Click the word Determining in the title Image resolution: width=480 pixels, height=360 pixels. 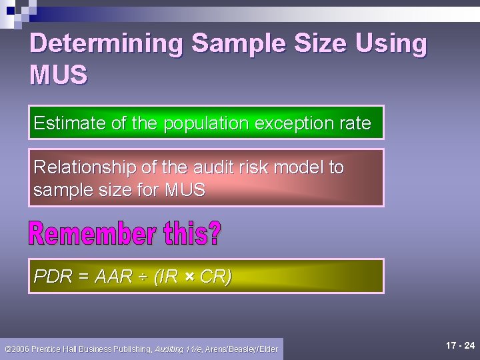tap(107, 44)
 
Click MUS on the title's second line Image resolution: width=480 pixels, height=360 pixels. tap(59, 75)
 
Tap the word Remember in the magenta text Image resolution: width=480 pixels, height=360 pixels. tap(88, 235)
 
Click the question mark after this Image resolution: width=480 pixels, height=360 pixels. tap(214, 235)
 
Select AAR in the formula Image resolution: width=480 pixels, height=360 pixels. tap(113, 277)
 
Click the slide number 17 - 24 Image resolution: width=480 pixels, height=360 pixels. tap(460, 345)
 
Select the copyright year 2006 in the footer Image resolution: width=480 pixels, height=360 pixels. tap(21, 349)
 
